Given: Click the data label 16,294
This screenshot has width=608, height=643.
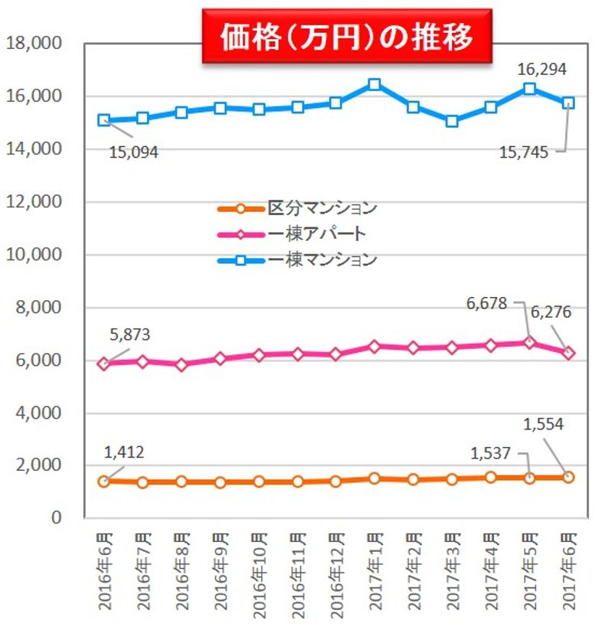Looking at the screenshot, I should (541, 70).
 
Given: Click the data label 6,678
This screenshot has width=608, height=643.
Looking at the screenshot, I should (487, 304).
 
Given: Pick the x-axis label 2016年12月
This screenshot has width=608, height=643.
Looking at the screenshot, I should (335, 570).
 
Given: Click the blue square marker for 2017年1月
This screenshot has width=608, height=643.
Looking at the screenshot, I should (374, 84).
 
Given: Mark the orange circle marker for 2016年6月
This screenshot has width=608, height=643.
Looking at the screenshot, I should (104, 481).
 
